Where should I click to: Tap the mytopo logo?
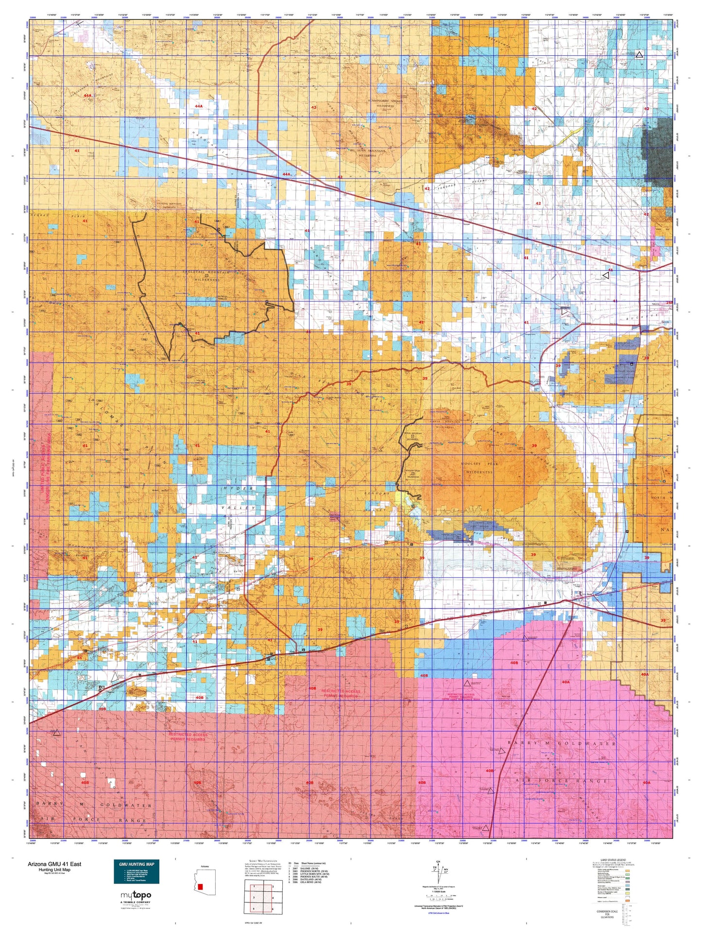tap(136, 895)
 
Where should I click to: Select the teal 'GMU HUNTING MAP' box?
tap(136, 871)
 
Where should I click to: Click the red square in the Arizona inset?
tap(200, 886)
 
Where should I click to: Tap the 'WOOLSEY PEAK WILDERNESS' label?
tap(477, 468)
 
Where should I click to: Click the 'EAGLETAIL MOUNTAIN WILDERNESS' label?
tap(207, 277)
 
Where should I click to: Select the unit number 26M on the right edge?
tap(669, 303)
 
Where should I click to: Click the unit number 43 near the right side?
tap(610, 270)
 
